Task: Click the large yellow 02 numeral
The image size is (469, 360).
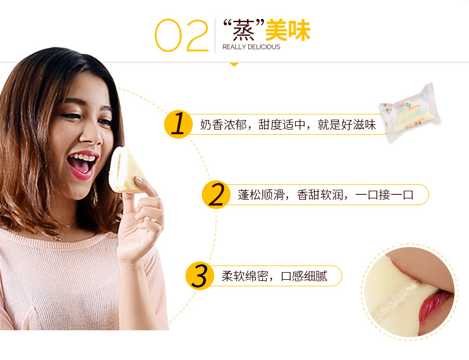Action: tap(182, 35)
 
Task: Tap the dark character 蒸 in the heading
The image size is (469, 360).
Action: tap(244, 30)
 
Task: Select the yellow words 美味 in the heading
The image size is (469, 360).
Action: tap(288, 30)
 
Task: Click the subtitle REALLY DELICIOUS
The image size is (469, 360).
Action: tap(251, 47)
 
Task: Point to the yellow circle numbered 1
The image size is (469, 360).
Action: tap(178, 124)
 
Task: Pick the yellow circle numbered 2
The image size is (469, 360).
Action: tap(216, 194)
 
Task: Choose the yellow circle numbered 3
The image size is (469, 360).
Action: tap(199, 276)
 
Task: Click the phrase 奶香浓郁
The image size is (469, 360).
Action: tap(223, 125)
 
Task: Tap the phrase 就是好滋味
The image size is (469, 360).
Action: tap(346, 125)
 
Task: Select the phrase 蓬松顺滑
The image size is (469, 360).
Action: tap(261, 195)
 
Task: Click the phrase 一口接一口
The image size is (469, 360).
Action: tap(385, 195)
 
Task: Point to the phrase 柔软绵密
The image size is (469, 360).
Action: tap(245, 276)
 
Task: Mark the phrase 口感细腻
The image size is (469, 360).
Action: tap(304, 276)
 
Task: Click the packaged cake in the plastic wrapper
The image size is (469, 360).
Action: tap(410, 112)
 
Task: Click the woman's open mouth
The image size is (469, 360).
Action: tap(82, 164)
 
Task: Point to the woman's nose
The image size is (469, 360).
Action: tap(91, 135)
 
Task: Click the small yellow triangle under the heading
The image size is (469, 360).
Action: tap(234, 64)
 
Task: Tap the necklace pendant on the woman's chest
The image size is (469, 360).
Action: tap(58, 238)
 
